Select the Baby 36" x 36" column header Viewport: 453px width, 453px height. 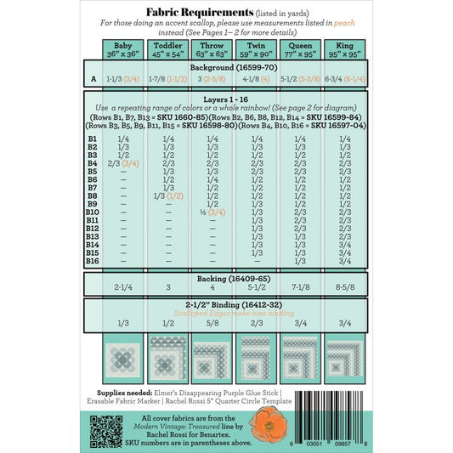coord(123,49)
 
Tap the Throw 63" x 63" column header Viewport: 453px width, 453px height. coord(212,49)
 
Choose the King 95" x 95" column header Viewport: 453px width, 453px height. coord(344,49)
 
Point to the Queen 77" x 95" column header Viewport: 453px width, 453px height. coord(300,49)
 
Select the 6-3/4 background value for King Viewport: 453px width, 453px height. coord(337,80)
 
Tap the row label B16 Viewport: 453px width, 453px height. coord(93,261)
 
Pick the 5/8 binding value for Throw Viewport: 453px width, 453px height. coord(212,324)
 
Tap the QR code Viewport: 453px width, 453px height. coord(101,432)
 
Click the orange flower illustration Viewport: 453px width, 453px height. coord(268,424)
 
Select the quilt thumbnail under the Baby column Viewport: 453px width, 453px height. coord(123,358)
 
